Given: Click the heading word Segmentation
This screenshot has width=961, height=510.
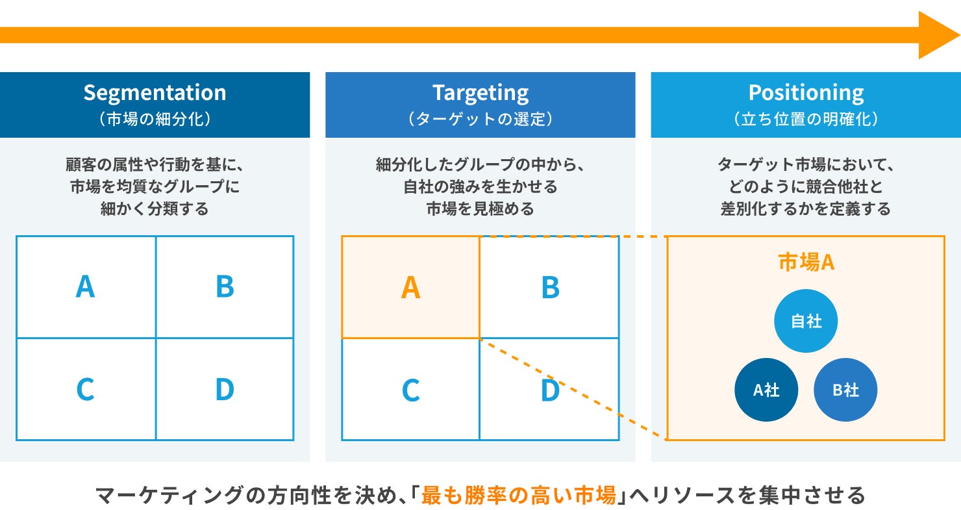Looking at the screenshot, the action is coord(155,93).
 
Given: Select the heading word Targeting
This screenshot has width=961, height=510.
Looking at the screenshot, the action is coord(480,93).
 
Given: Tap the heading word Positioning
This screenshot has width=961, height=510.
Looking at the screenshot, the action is coord(806,93).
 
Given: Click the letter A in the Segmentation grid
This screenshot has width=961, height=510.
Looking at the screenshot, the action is coord(85,287).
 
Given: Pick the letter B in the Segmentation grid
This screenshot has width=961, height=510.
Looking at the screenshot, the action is coord(225,287).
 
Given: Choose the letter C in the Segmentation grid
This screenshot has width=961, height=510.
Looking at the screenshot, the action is coord(85,389).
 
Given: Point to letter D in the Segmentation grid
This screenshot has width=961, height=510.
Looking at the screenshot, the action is coord(225,389).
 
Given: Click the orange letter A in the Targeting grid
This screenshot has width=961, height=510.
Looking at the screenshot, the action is coord(410,287).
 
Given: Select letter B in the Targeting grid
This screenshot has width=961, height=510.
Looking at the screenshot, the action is coord(551,287).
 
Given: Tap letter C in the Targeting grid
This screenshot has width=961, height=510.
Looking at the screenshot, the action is coord(410,390).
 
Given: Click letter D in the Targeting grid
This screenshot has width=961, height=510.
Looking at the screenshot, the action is coord(551,390).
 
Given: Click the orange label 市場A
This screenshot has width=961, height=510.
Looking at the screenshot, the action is coord(806,262).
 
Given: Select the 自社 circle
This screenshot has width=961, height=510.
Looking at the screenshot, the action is coord(806,321).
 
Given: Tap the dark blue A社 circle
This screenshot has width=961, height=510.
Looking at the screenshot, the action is coord(766,390).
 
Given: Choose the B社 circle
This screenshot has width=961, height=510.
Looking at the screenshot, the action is coord(845,390).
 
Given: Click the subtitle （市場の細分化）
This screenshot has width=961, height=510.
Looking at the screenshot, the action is coord(155,119).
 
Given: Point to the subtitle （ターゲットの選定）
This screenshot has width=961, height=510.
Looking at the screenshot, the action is coord(480,119).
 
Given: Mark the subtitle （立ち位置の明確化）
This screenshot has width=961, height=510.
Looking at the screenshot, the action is coord(806,119).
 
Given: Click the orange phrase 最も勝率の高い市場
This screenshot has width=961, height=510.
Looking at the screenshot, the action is coord(519,495).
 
